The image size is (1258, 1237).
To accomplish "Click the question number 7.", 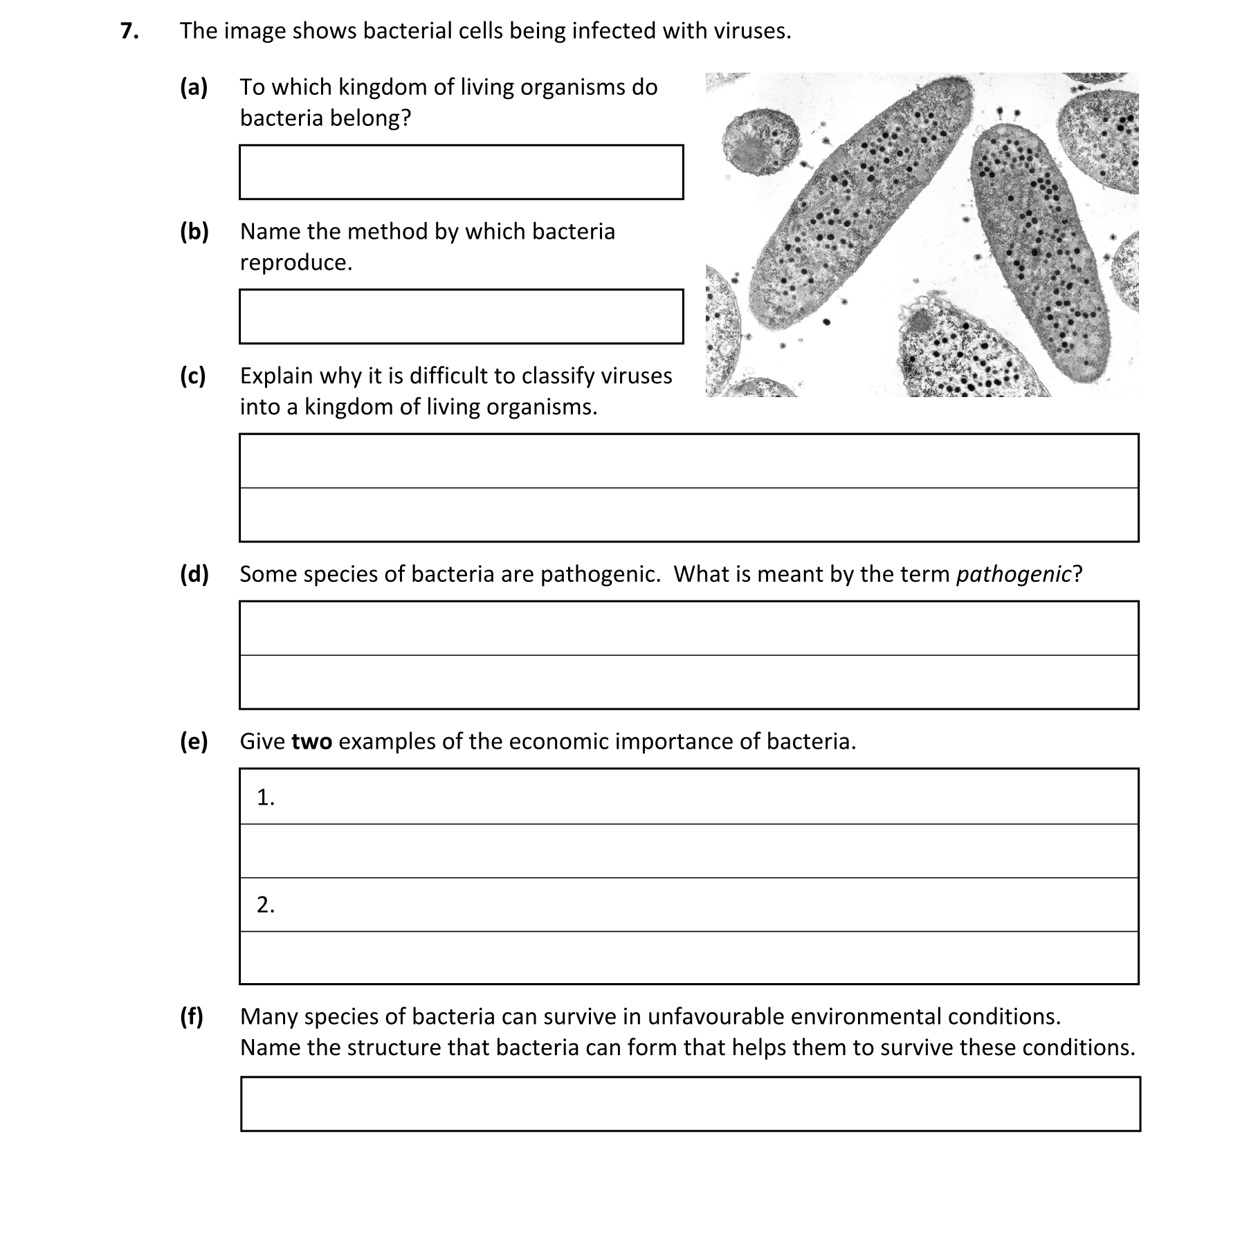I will [128, 31].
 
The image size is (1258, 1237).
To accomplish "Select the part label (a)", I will [194, 87].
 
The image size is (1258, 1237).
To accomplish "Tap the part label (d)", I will [194, 574].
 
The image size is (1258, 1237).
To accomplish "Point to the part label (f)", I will [192, 1016].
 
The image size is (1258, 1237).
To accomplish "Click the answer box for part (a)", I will [461, 172].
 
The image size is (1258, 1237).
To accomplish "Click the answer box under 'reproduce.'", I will [461, 317].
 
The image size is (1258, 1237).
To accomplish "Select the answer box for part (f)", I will [690, 1103].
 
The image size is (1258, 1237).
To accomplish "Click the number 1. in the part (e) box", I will [266, 798].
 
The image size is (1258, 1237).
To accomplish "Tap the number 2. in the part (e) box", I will [266, 905].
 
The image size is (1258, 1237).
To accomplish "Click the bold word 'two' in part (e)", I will [311, 742].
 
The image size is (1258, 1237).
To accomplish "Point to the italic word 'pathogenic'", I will [1013, 574].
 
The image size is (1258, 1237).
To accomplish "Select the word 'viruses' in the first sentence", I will [751, 31].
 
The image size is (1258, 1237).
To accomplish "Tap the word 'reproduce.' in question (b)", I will [296, 263].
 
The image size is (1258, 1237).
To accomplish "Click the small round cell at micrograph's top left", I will [759, 143].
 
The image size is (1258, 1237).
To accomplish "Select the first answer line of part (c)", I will [689, 461].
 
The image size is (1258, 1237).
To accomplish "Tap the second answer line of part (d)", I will [689, 682].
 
